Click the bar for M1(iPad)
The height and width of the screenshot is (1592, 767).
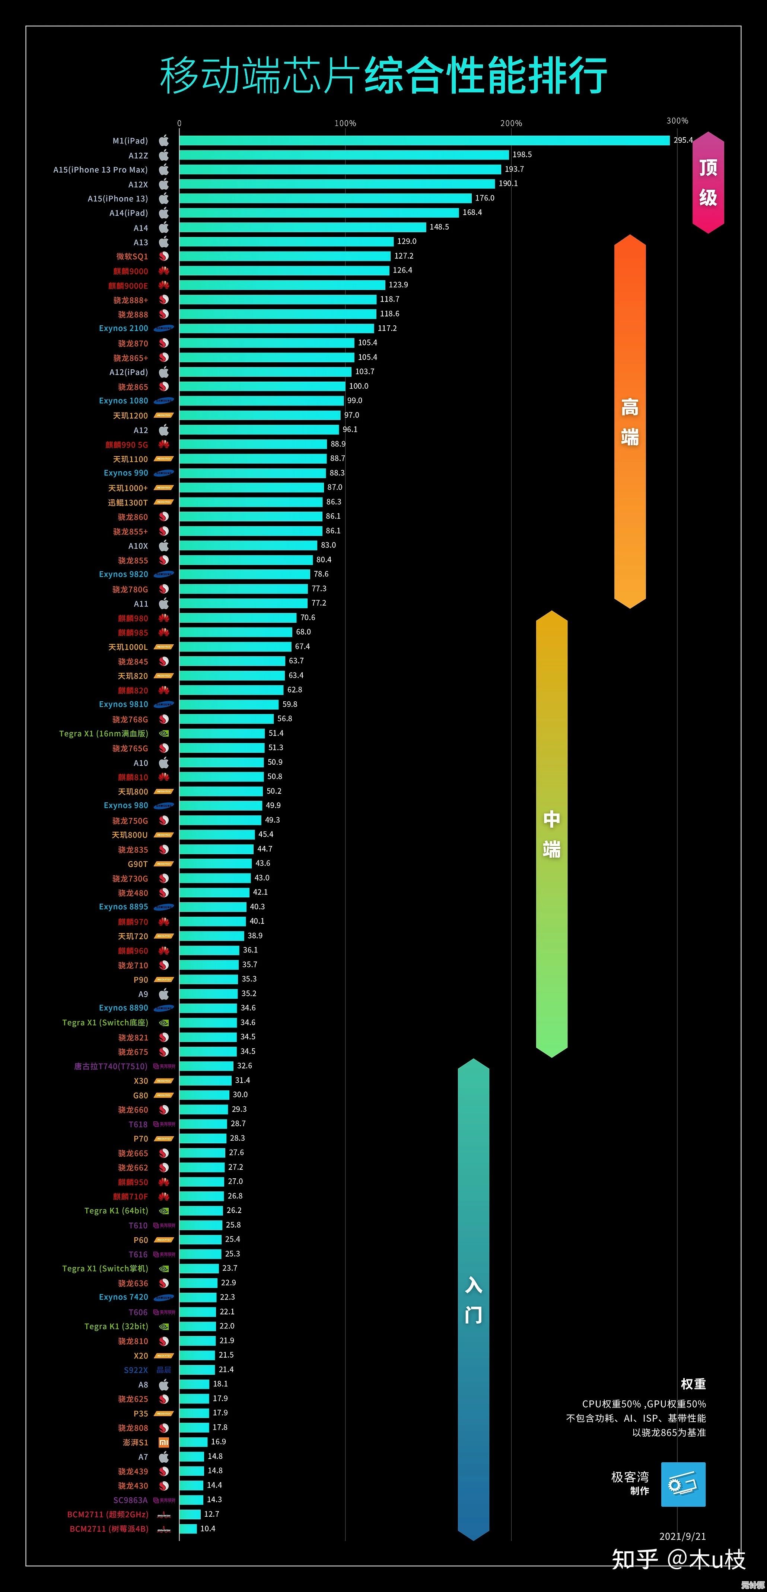[x=424, y=140]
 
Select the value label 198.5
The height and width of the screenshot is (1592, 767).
[x=522, y=155]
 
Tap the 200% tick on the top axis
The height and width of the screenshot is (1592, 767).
[x=511, y=123]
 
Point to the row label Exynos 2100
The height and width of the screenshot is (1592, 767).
[x=124, y=328]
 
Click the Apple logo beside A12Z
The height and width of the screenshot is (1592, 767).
[x=164, y=155]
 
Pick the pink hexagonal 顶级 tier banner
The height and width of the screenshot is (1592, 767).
[x=708, y=182]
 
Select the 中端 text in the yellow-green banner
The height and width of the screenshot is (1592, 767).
[x=551, y=834]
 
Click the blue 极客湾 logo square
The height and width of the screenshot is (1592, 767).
[x=683, y=1484]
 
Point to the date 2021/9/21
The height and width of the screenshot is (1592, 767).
[x=682, y=1536]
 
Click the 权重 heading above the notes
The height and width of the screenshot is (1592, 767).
[x=693, y=1383]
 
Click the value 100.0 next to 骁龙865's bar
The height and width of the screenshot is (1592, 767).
[x=359, y=386]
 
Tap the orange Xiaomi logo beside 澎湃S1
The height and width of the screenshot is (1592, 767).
[x=164, y=1442]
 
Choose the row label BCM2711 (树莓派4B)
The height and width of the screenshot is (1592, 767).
[x=109, y=1528]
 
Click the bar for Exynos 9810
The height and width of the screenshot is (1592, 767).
[x=229, y=704]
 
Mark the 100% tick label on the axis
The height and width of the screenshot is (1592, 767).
[x=345, y=123]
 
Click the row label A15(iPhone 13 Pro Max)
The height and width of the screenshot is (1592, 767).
[x=101, y=169]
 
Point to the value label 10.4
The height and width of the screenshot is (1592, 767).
[x=207, y=1528]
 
